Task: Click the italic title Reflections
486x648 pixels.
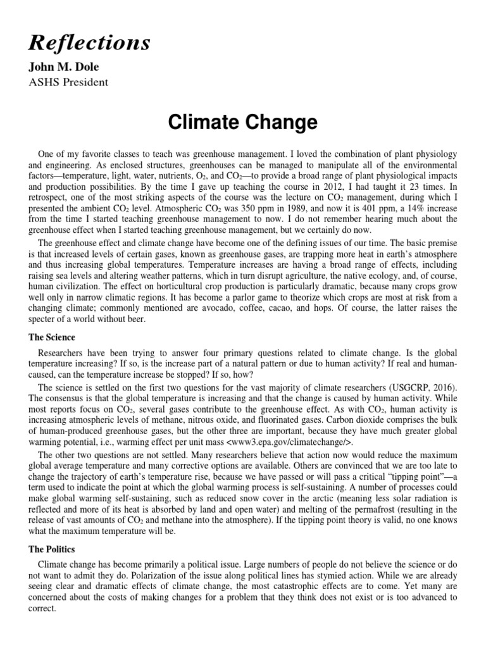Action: [89, 42]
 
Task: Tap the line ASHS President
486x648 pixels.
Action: [68, 82]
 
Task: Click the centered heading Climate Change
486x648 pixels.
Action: [242, 122]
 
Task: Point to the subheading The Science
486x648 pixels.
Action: [51, 337]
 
